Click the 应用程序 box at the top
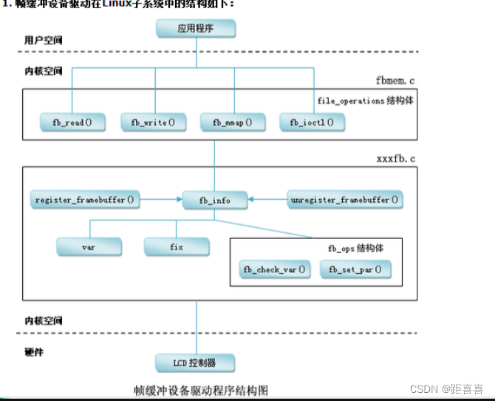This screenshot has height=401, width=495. click(195, 29)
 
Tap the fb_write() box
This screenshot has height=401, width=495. click(153, 121)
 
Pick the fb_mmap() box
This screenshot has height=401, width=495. click(233, 121)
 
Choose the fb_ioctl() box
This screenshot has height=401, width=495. click(307, 121)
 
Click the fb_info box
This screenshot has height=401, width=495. click(215, 200)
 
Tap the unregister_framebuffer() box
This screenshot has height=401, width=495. click(344, 200)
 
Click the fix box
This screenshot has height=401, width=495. click(177, 246)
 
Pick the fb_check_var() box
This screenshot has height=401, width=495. click(274, 269)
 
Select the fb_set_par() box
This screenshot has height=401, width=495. click(355, 269)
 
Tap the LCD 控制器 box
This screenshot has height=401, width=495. click(195, 363)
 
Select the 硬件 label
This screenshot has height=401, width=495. click(34, 352)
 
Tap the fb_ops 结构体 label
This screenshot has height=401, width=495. click(355, 248)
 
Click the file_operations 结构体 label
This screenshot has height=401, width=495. click(361, 100)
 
